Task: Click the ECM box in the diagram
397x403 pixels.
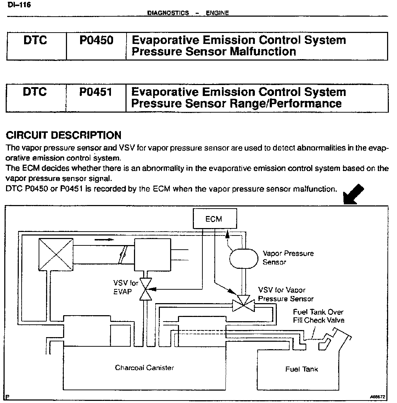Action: point(214,219)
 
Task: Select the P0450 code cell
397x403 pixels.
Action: point(96,40)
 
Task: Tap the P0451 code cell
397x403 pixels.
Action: point(96,92)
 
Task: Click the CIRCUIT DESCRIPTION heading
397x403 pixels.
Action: point(64,135)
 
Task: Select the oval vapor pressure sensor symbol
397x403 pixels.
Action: point(244,258)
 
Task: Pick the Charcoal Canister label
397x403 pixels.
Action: point(144,368)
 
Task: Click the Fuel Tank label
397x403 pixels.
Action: point(301,369)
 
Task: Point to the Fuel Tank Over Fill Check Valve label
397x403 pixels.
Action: point(318,316)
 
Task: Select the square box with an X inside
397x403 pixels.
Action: point(55,254)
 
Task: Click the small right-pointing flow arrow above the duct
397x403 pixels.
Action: point(105,239)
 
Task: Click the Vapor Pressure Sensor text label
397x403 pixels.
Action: point(288,258)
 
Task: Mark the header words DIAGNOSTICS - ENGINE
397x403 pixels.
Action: point(188,13)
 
